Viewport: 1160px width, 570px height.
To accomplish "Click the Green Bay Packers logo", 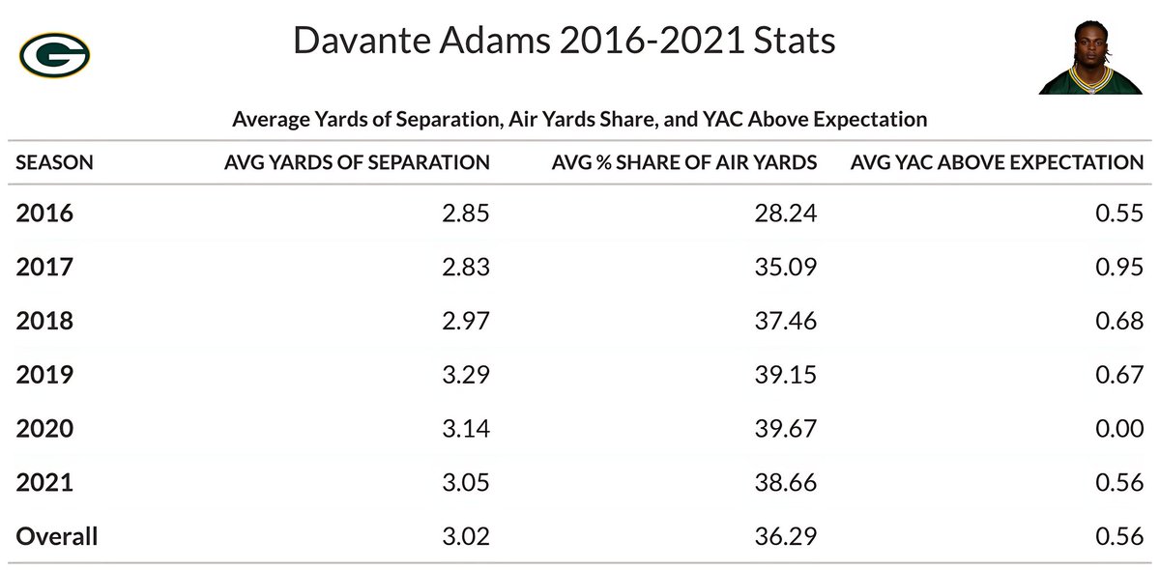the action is pyautogui.click(x=54, y=55).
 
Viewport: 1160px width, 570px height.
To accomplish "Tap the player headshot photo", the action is pyautogui.click(x=1090, y=57).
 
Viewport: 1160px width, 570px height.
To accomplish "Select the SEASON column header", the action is pyautogui.click(x=54, y=162).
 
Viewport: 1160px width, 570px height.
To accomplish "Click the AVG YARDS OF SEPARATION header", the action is pyautogui.click(x=357, y=162).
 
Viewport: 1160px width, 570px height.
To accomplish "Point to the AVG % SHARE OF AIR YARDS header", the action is pyautogui.click(x=684, y=162).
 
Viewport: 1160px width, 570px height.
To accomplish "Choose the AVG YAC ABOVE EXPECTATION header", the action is pyautogui.click(x=997, y=162).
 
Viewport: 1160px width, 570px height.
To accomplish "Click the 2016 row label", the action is pyautogui.click(x=44, y=213).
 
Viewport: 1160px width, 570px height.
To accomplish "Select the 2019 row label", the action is pyautogui.click(x=44, y=374).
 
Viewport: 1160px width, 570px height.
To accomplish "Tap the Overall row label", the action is pyautogui.click(x=56, y=536).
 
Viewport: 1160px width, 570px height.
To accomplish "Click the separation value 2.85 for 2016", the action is pyautogui.click(x=466, y=213).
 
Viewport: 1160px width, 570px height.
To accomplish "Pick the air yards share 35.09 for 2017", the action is pyautogui.click(x=786, y=267).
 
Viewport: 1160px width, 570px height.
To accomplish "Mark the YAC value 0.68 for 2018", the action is pyautogui.click(x=1119, y=321).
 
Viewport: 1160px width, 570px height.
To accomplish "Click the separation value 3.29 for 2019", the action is pyautogui.click(x=466, y=374).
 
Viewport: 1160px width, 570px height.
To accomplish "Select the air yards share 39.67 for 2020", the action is pyautogui.click(x=786, y=428).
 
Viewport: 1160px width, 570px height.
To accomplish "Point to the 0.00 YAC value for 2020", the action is pyautogui.click(x=1119, y=428).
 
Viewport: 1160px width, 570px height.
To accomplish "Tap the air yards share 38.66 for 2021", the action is pyautogui.click(x=786, y=482).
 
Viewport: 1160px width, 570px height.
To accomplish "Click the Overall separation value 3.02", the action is pyautogui.click(x=466, y=536).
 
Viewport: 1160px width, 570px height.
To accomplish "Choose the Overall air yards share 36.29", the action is pyautogui.click(x=786, y=536).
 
